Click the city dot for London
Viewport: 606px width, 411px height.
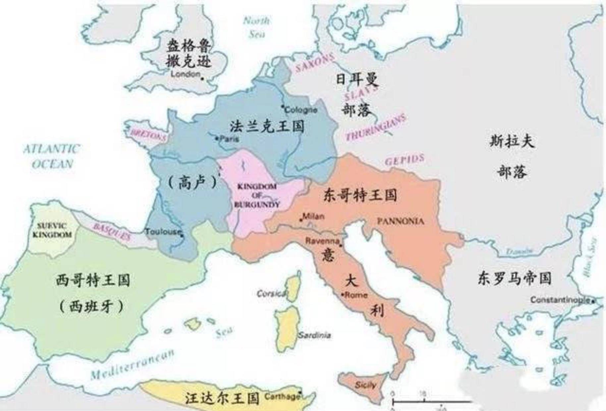(202, 79)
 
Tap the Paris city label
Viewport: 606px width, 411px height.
(229, 139)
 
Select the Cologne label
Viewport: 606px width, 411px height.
(301, 110)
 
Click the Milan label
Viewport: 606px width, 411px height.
(313, 216)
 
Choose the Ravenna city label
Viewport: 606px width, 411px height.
(322, 241)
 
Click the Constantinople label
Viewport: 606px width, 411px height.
(560, 300)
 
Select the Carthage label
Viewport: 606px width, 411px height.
(282, 396)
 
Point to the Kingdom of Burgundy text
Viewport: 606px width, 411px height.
(257, 196)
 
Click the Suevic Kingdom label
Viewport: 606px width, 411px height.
(52, 230)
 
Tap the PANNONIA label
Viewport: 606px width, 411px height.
(401, 221)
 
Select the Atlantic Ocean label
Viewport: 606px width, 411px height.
(51, 156)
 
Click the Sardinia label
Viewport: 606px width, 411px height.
(314, 335)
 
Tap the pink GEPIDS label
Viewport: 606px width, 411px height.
(404, 160)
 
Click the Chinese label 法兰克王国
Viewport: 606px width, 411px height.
(267, 126)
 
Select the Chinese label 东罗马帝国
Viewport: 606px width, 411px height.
(514, 278)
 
